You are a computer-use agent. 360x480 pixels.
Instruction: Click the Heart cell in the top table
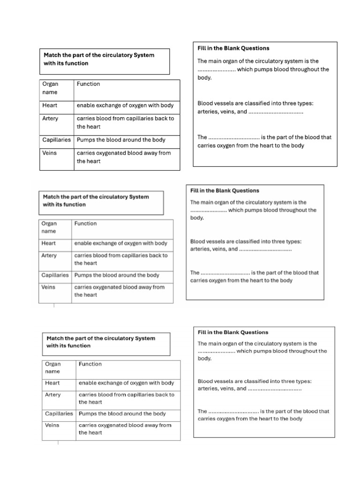[x=49, y=105]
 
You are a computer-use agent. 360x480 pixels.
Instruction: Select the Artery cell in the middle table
[x=49, y=255]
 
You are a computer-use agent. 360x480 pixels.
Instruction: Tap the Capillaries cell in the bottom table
[x=59, y=414]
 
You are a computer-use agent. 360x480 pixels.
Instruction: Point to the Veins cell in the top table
[x=49, y=153]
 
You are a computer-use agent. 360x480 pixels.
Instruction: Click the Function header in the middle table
[x=85, y=224]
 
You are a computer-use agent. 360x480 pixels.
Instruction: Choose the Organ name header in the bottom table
[x=53, y=367]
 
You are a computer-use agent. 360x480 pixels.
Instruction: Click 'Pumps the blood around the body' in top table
[x=121, y=140]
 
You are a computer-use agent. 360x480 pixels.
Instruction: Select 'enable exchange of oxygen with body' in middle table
[x=120, y=243]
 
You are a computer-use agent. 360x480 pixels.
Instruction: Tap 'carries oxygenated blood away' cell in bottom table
[x=125, y=429]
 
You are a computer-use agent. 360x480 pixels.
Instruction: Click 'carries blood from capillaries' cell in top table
[x=125, y=122]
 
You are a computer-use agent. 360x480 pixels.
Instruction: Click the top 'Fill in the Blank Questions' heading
[x=233, y=48]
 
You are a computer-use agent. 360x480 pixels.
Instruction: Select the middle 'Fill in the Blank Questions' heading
[x=225, y=191]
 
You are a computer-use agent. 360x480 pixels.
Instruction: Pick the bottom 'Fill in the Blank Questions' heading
[x=233, y=332]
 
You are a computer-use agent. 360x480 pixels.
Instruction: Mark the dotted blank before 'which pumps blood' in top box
[x=216, y=70]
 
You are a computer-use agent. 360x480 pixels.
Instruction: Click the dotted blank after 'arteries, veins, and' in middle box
[x=265, y=250]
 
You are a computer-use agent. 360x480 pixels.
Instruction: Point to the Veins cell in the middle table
[x=49, y=287]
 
